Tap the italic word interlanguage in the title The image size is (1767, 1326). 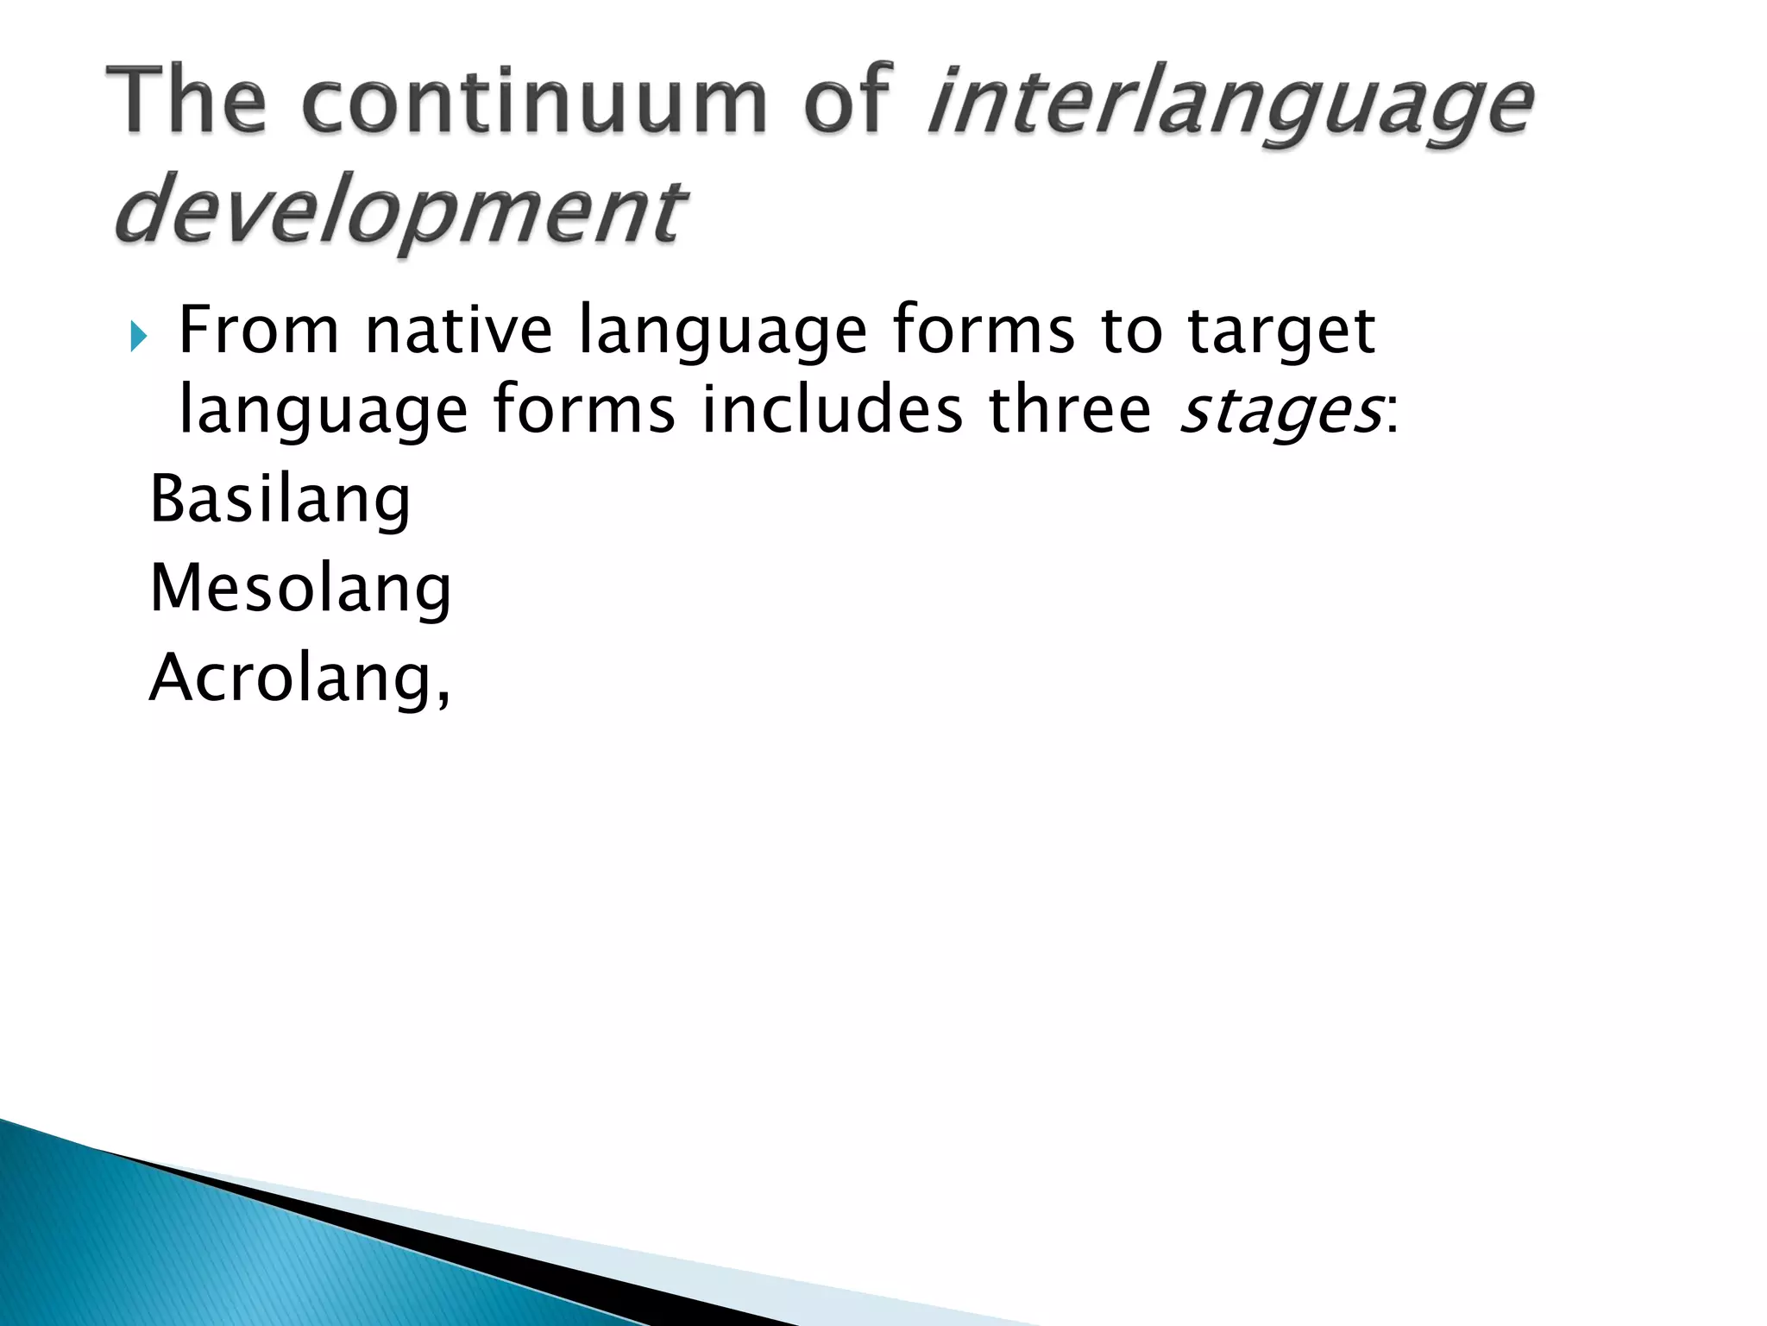1229,104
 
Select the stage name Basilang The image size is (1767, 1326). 280,501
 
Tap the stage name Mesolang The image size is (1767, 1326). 300,590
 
